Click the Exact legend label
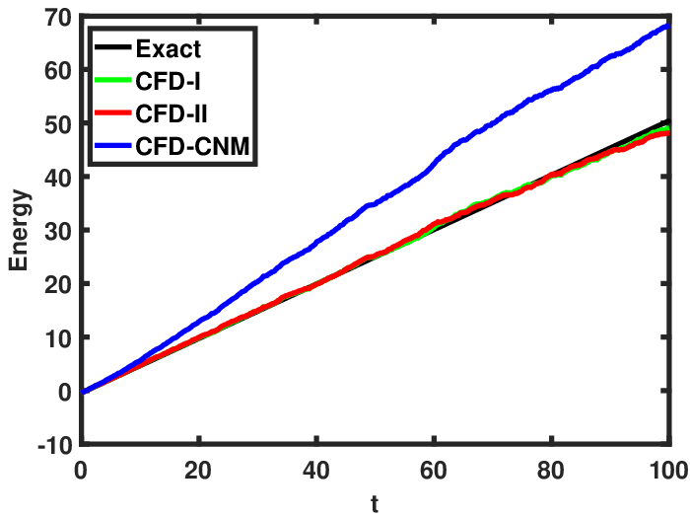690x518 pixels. [x=169, y=49]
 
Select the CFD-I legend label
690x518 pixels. [x=168, y=81]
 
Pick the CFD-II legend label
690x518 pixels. [x=172, y=113]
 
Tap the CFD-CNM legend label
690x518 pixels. [x=192, y=146]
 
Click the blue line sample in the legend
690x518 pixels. [x=112, y=145]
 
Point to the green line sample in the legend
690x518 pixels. [x=112, y=80]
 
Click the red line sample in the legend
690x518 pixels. [x=112, y=112]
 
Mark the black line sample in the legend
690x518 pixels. [x=112, y=47]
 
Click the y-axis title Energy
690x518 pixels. [x=20, y=230]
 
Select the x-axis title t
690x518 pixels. [x=375, y=504]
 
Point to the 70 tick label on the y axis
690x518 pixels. [x=57, y=18]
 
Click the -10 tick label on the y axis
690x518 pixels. [x=54, y=445]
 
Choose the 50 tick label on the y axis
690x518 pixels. [x=57, y=124]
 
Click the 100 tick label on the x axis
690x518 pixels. [x=669, y=471]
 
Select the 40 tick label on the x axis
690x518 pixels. [x=316, y=471]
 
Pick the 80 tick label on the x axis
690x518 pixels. [x=550, y=471]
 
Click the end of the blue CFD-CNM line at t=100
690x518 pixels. [x=668, y=26]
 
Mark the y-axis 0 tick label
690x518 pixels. [x=64, y=392]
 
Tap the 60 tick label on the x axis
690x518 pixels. [x=434, y=471]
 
